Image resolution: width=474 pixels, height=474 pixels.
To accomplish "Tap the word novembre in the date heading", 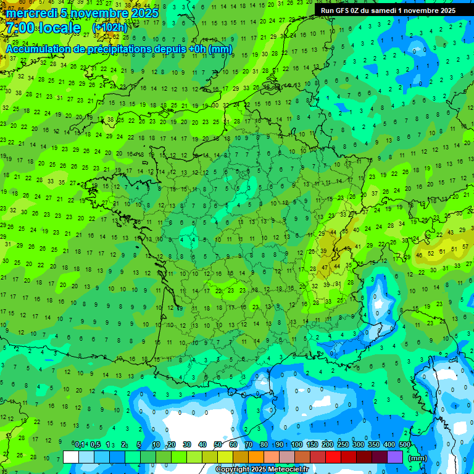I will pyautogui.click(x=96, y=13).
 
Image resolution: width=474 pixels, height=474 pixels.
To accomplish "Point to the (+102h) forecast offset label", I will pyautogui.click(x=110, y=28).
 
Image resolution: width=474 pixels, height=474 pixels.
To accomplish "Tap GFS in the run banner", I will pyautogui.click(x=343, y=10).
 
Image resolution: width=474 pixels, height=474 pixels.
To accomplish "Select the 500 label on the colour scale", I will pyautogui.click(x=405, y=445).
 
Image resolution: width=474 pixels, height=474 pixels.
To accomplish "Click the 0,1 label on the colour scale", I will pyautogui.click(x=80, y=445).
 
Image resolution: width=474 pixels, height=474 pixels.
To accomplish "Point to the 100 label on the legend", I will pyautogui.click(x=297, y=445).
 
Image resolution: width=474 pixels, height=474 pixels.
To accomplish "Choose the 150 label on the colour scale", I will pyautogui.click(x=312, y=445).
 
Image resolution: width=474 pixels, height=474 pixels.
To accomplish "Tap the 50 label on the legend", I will pyautogui.click(x=218, y=445).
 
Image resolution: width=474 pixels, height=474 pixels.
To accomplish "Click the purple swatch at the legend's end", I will pyautogui.click(x=395, y=457).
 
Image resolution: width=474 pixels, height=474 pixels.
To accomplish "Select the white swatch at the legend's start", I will pyautogui.click(x=71, y=457).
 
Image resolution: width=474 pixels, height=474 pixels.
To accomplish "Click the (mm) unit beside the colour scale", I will pyautogui.click(x=418, y=458).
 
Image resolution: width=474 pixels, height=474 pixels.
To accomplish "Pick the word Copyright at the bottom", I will pyautogui.click(x=233, y=470).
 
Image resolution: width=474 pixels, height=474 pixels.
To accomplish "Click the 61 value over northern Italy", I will pyautogui.click(x=443, y=252).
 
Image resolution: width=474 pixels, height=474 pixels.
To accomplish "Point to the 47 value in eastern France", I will pyautogui.click(x=325, y=268).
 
